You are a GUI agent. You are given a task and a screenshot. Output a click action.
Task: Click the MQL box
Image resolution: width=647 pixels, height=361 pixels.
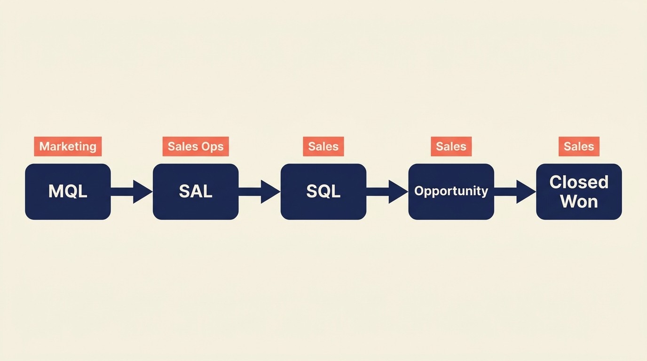68,191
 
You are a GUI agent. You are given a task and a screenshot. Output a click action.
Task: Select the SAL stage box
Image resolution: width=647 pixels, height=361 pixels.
196,191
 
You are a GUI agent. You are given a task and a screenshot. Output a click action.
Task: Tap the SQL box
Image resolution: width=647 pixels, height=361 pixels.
323,191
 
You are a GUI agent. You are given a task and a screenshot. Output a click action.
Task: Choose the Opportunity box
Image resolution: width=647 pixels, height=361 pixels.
451,191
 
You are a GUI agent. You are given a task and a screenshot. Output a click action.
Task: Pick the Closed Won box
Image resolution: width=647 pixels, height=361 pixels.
579,191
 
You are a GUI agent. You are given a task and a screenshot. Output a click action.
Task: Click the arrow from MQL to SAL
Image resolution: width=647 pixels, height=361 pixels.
132,191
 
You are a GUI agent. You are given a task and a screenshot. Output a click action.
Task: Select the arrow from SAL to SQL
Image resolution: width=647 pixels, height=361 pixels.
260,191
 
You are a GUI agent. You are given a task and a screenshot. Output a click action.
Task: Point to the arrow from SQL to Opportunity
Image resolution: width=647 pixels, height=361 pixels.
387,191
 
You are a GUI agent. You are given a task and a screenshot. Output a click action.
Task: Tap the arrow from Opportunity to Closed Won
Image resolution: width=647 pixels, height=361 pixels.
515,191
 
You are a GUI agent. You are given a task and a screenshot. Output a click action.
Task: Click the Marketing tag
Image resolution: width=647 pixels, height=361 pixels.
68,147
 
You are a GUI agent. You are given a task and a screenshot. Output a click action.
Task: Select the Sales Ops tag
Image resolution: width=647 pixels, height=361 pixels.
196,147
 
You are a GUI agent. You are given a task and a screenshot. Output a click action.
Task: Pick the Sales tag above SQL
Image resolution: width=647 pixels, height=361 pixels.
323,147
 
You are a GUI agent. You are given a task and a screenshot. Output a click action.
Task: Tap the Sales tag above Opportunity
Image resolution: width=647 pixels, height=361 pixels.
451,147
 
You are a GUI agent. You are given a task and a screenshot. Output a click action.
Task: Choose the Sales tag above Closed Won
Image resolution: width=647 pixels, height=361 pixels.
579,147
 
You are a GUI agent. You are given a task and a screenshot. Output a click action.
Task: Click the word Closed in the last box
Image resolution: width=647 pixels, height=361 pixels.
579,182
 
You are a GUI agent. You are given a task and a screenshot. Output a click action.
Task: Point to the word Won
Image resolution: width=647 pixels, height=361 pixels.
579,202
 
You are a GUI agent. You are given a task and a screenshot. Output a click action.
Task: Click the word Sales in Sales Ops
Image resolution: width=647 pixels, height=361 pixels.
183,147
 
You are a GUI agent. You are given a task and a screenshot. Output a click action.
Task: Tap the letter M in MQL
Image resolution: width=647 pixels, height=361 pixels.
55,191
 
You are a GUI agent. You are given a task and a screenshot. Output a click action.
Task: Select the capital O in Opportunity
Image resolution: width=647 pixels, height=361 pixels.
419,191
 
